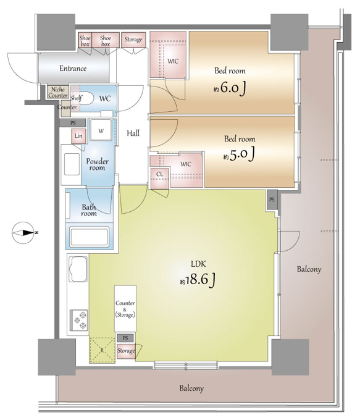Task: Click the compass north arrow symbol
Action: (x=24, y=233)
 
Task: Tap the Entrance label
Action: (x=73, y=69)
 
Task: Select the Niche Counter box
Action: (x=58, y=92)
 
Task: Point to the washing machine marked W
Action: (x=101, y=130)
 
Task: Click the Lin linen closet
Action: (x=78, y=136)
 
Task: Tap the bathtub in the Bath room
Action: (x=89, y=237)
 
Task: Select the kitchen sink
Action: (x=78, y=269)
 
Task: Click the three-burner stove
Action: (x=79, y=320)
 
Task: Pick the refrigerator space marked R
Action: (x=102, y=350)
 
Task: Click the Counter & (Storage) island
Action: (x=125, y=309)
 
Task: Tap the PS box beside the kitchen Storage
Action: (x=125, y=338)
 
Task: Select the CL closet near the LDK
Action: (x=160, y=178)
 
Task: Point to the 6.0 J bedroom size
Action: (x=230, y=88)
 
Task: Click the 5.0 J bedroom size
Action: (x=239, y=155)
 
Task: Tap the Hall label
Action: (x=133, y=133)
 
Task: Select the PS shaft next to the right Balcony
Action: (x=272, y=199)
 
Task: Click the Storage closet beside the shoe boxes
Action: (x=133, y=40)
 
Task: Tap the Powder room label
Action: (x=97, y=164)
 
